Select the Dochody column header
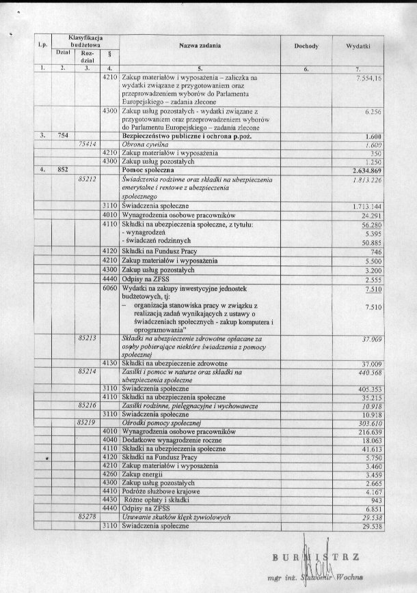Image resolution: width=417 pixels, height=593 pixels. (x=306, y=46)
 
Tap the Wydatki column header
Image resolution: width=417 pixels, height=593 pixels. (x=358, y=46)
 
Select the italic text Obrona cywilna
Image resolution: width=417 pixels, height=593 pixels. (x=142, y=144)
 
